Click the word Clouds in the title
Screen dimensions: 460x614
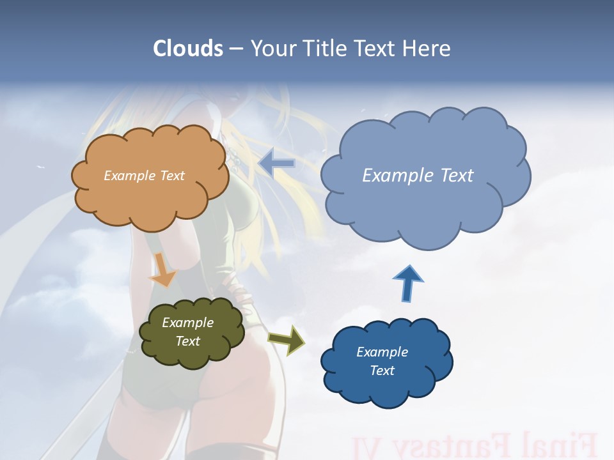click(x=187, y=49)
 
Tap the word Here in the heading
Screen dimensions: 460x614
click(x=427, y=49)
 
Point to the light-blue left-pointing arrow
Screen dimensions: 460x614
click(x=277, y=164)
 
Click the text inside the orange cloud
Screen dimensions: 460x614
click(x=144, y=176)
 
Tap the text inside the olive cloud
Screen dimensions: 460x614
click(x=188, y=332)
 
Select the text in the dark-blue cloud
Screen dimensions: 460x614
click(x=382, y=361)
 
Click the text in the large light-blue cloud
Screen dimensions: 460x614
click(x=418, y=176)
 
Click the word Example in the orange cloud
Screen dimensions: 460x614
click(x=128, y=176)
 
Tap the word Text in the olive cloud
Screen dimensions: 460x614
click(x=188, y=341)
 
